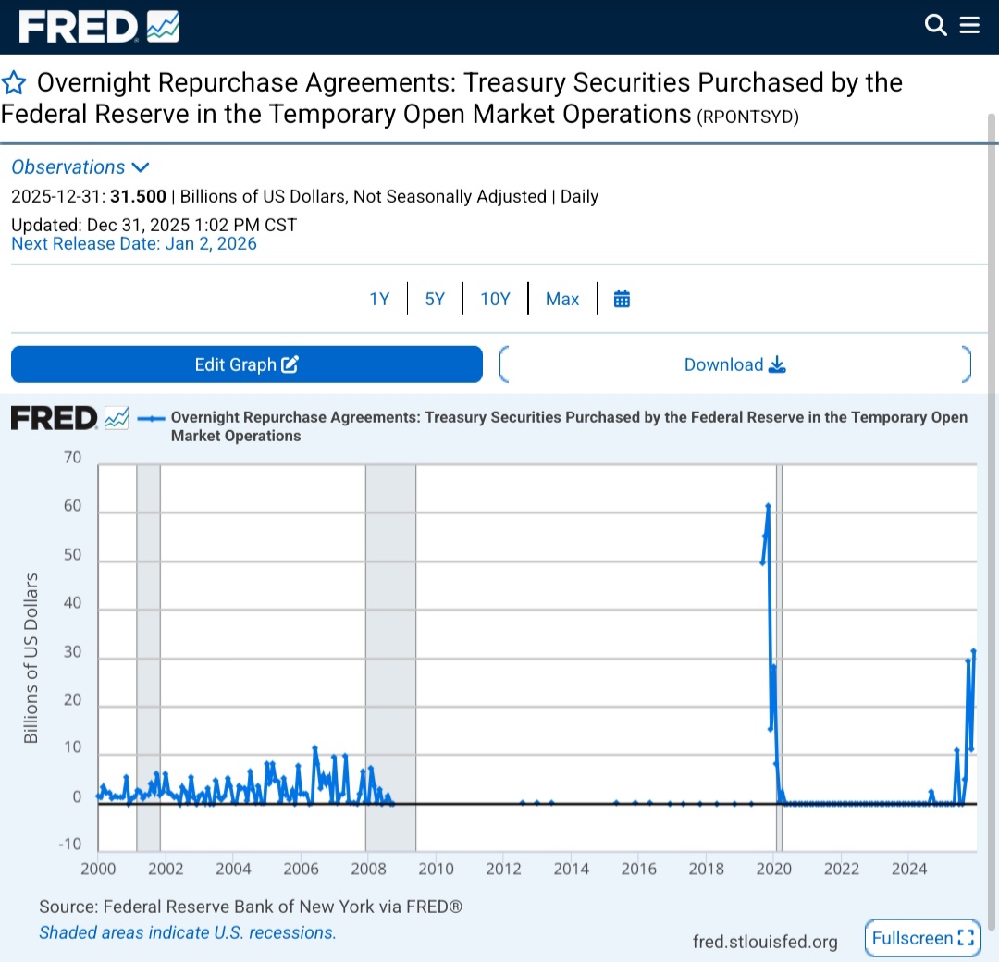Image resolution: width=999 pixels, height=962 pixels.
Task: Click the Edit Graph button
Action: [246, 364]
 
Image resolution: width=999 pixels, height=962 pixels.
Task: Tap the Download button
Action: [734, 364]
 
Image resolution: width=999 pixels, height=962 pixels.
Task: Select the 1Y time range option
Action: [379, 299]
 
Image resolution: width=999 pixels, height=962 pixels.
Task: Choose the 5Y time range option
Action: [435, 299]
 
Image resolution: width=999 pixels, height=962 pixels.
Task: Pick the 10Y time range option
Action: [495, 299]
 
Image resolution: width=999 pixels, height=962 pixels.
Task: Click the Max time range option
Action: [562, 299]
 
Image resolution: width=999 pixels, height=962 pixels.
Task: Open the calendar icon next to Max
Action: [622, 299]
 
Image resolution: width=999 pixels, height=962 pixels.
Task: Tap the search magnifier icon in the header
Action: [936, 26]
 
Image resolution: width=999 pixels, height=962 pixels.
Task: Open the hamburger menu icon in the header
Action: [969, 26]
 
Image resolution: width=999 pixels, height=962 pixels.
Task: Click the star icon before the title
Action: [14, 83]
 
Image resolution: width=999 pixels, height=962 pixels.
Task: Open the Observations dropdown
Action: [80, 167]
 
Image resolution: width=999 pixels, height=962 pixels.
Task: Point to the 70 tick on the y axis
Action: [72, 458]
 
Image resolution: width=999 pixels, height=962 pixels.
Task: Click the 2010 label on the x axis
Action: [436, 869]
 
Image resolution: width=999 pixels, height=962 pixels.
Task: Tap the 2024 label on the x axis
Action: [909, 869]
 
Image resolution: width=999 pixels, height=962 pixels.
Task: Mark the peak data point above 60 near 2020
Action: [768, 506]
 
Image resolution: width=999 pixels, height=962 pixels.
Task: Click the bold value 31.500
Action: [139, 196]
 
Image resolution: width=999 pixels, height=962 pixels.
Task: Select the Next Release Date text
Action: [134, 244]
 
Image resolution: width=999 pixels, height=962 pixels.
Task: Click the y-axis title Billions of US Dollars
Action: [32, 658]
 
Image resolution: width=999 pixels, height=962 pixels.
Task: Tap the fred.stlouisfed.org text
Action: [765, 942]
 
